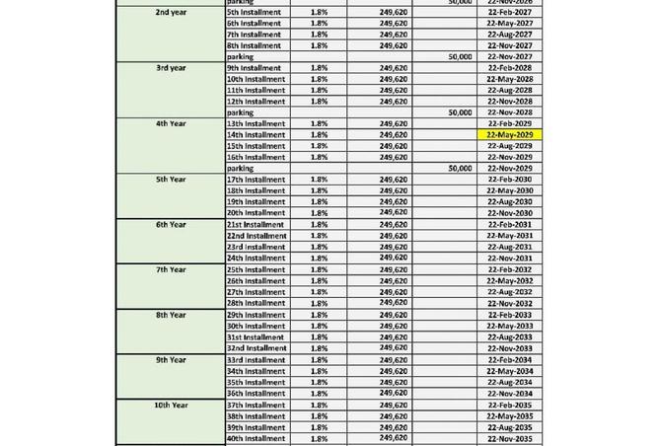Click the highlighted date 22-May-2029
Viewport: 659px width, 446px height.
[x=509, y=135]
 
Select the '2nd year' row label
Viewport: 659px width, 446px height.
[x=171, y=12]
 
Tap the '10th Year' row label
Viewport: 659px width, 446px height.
[x=171, y=406]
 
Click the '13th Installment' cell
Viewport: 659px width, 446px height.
[x=256, y=124]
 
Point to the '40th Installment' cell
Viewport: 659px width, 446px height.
[x=256, y=439]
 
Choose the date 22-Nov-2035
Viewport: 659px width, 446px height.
[x=509, y=439]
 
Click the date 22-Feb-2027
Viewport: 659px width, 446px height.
[x=509, y=12]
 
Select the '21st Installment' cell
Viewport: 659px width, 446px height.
[x=256, y=225]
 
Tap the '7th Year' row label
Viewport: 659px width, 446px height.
[x=171, y=269]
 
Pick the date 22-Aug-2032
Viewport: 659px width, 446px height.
[x=509, y=292]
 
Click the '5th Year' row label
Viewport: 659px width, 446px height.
[x=171, y=180]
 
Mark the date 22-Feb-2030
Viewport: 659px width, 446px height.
[x=509, y=180]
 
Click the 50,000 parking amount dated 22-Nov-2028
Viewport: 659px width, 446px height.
[x=460, y=113]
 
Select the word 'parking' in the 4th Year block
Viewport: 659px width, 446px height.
[x=240, y=169]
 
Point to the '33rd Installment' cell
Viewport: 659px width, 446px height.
[x=256, y=360]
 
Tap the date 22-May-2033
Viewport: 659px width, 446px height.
[x=509, y=327]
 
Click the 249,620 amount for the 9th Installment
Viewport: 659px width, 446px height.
[x=393, y=68]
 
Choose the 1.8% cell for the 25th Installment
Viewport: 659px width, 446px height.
[x=319, y=270]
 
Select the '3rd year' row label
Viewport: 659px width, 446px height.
[x=171, y=68]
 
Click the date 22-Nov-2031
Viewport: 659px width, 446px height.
[x=509, y=259]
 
